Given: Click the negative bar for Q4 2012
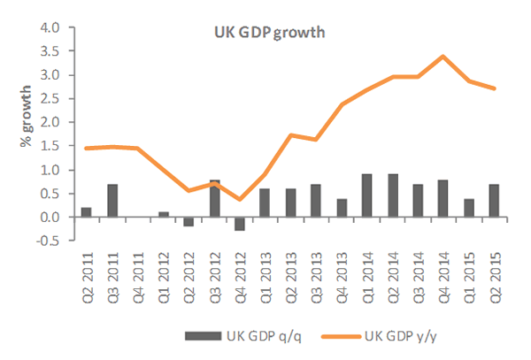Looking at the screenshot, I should tap(239, 224).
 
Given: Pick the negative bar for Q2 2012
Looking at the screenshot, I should tap(189, 221).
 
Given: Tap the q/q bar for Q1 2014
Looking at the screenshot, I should tap(366, 195).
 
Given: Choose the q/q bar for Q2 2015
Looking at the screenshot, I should tap(493, 201).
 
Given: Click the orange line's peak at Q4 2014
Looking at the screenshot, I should tap(442, 57).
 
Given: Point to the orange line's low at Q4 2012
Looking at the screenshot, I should tap(239, 199).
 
